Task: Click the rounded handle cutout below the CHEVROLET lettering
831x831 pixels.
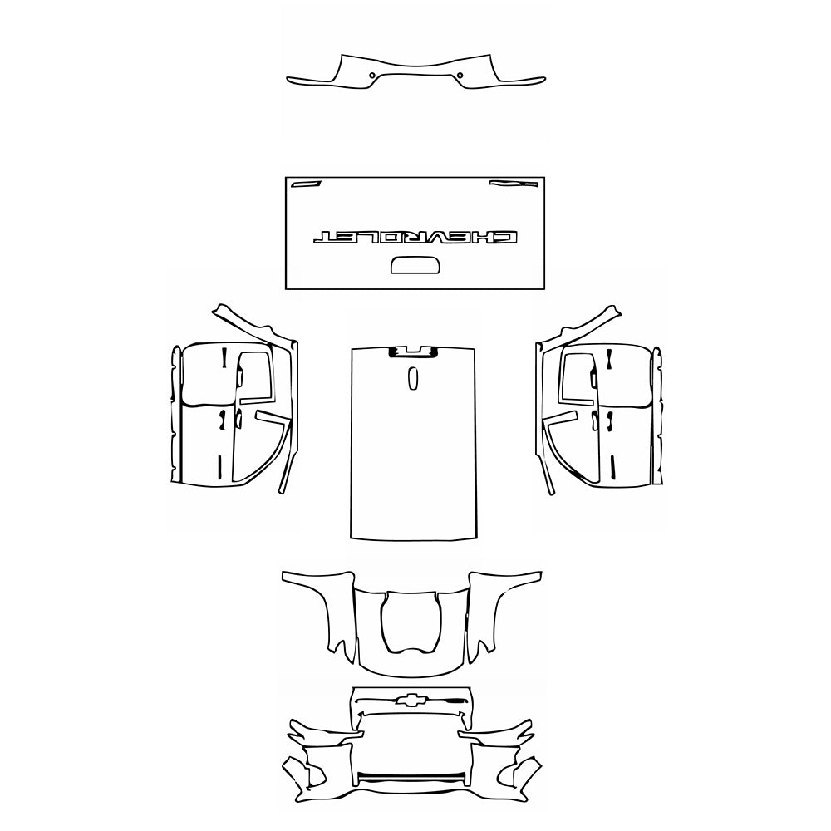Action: [414, 265]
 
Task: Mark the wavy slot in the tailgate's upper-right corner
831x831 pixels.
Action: [504, 183]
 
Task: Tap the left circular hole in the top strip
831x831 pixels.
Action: [371, 76]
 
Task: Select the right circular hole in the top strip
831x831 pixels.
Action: [460, 76]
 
